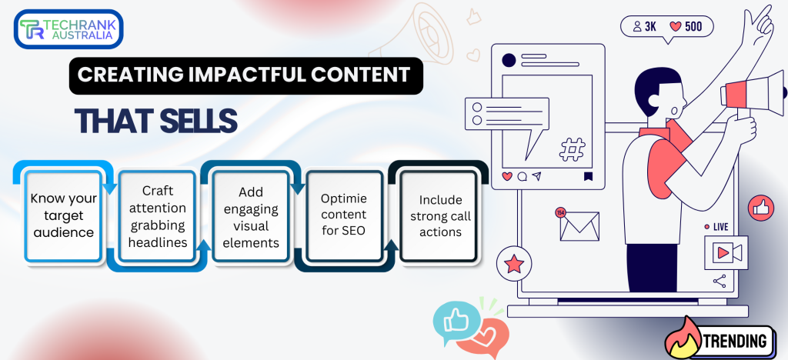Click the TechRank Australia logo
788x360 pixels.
click(68, 29)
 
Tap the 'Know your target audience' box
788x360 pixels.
click(64, 215)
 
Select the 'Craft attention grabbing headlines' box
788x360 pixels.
click(158, 216)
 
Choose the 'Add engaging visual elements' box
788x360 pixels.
click(251, 216)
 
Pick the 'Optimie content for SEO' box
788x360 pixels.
click(344, 216)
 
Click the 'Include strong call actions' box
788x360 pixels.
click(438, 216)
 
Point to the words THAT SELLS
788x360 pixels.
click(156, 121)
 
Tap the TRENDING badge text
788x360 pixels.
click(736, 342)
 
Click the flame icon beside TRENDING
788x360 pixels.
click(683, 338)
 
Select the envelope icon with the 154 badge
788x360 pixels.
click(578, 225)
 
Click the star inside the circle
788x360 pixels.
click(514, 263)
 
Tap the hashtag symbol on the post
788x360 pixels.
click(572, 150)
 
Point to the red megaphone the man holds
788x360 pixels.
click(753, 92)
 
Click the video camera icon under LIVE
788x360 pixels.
click(726, 252)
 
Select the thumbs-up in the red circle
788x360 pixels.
click(761, 208)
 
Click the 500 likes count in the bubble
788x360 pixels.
click(693, 26)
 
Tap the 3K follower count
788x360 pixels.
click(650, 26)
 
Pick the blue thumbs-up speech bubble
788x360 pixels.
click(456, 322)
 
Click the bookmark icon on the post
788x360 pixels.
click(587, 176)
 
